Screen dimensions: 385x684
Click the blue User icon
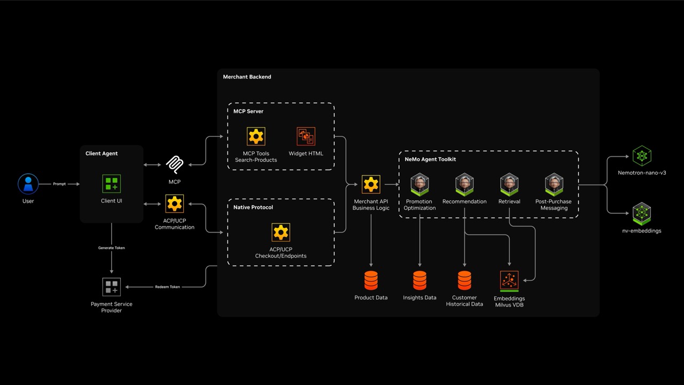(28, 184)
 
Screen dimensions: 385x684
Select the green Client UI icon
(112, 184)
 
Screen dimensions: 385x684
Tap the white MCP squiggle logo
(174, 165)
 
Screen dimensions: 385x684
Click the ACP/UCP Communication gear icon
(174, 204)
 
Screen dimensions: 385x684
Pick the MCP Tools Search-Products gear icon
(256, 136)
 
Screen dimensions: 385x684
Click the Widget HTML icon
(306, 136)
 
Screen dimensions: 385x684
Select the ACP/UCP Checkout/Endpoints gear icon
(281, 233)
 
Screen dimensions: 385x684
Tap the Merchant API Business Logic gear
(371, 184)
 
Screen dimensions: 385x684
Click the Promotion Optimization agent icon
(419, 184)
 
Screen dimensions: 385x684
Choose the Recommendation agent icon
(464, 184)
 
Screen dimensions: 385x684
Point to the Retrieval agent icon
(509, 184)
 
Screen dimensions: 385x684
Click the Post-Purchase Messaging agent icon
(554, 184)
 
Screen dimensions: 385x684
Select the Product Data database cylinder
(371, 280)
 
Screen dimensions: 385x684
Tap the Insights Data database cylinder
(419, 280)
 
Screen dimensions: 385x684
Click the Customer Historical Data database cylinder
(464, 280)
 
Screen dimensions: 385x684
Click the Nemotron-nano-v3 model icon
(641, 156)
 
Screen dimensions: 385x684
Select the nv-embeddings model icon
(641, 213)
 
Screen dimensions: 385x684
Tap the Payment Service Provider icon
(112, 287)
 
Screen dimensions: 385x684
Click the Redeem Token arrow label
(167, 287)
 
